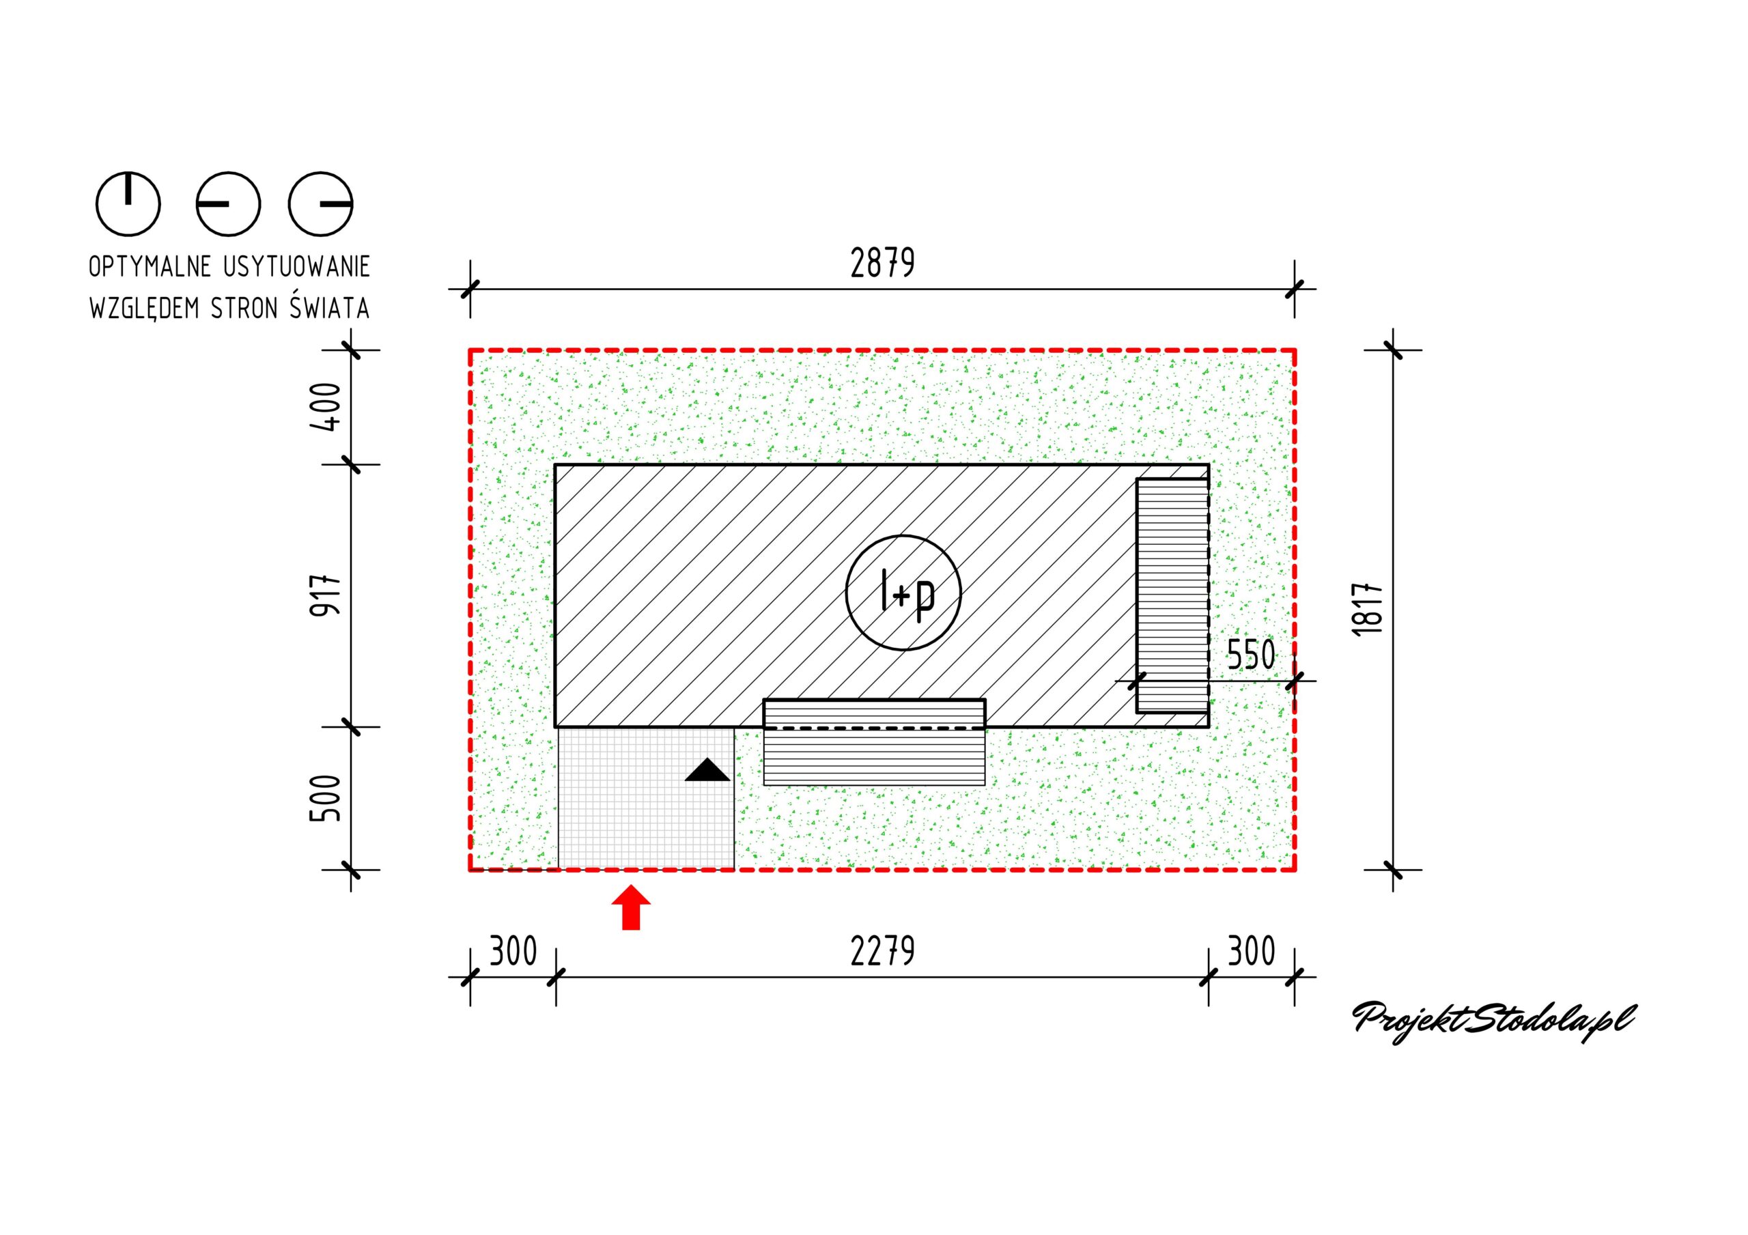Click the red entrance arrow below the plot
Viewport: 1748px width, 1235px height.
[x=631, y=907]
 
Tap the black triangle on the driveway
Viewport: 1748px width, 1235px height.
[x=707, y=770]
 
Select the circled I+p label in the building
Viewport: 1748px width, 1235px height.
[x=903, y=593]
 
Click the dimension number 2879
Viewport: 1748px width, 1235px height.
[x=882, y=264]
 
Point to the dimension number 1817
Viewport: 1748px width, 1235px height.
[x=1368, y=610]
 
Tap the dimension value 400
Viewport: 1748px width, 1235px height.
[x=326, y=408]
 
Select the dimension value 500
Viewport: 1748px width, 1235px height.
[x=326, y=798]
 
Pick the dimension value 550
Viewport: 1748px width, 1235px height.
[x=1251, y=655]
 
